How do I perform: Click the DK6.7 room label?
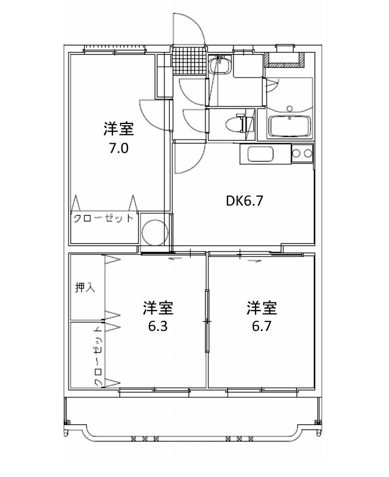click(x=244, y=201)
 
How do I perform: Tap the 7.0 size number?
click(x=119, y=148)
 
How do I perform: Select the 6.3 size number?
click(x=158, y=326)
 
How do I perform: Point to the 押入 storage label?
click(x=85, y=287)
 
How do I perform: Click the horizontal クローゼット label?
click(x=103, y=218)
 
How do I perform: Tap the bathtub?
click(x=290, y=126)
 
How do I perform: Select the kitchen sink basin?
click(x=260, y=154)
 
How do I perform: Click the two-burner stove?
click(x=302, y=153)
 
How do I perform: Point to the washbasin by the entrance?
click(x=220, y=65)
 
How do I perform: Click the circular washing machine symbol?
click(x=155, y=231)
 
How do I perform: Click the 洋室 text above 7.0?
click(x=119, y=129)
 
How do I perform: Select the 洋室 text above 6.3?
click(x=158, y=308)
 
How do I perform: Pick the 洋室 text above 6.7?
click(x=262, y=308)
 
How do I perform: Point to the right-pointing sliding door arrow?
click(x=255, y=261)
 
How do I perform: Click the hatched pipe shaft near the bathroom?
click(x=284, y=60)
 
